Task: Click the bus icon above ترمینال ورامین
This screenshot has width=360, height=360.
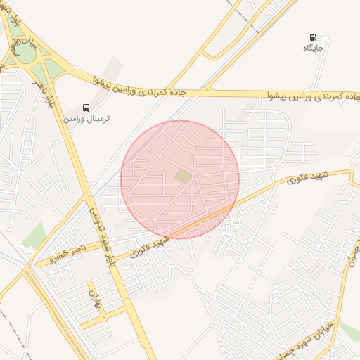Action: point(86,108)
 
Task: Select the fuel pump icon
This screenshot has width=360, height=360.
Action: point(312,37)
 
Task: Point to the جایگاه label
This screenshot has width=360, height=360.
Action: point(313,48)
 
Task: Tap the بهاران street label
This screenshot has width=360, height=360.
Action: point(91,297)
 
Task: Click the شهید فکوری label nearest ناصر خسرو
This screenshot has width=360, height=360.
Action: point(150,244)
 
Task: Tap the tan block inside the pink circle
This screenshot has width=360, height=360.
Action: point(183,175)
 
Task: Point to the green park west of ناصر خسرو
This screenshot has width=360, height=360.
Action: point(32,236)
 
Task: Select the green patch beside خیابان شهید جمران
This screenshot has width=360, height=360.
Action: point(350,330)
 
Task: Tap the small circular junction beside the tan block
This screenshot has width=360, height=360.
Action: point(195,176)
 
